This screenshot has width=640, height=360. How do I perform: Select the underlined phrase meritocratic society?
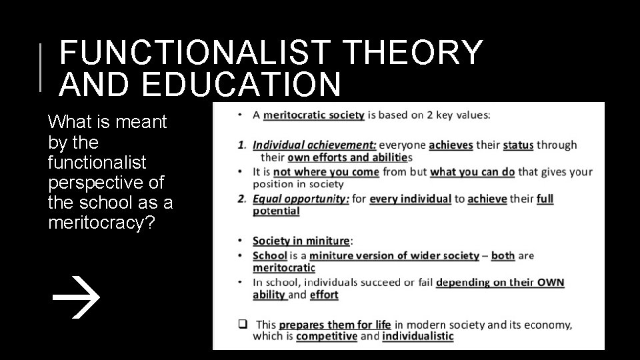click(314, 115)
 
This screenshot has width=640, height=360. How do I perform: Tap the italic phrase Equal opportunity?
click(301, 199)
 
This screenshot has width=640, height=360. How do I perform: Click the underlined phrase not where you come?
click(326, 171)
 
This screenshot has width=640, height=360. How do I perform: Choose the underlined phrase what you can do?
click(472, 171)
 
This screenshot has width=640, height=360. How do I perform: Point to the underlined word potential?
click(276, 211)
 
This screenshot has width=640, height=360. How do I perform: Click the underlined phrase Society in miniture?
click(301, 241)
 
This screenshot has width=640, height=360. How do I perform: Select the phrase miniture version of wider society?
click(394, 255)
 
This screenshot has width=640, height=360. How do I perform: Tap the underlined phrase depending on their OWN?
click(500, 282)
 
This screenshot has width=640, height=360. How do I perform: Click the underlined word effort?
click(324, 295)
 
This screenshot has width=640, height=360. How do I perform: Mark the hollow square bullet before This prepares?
click(243, 325)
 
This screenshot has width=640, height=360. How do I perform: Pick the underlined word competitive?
click(326, 337)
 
